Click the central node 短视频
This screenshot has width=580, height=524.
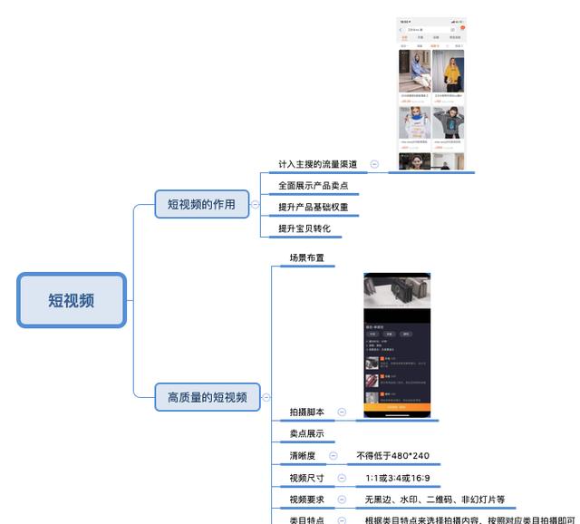click(72, 300)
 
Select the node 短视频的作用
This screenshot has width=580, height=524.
click(200, 204)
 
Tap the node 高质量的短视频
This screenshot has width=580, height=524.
click(207, 396)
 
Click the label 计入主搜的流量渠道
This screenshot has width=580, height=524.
click(317, 164)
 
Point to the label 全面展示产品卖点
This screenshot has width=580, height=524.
click(313, 186)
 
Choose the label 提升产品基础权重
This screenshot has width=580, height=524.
click(313, 208)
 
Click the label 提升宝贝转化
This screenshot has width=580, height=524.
click(304, 228)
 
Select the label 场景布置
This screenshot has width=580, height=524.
click(306, 258)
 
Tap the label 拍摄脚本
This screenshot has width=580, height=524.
click(306, 412)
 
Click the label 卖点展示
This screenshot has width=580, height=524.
click(306, 433)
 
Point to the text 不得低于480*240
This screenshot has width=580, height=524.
click(392, 456)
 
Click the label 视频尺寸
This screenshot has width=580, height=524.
click(306, 478)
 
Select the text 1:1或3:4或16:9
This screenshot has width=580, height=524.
click(398, 478)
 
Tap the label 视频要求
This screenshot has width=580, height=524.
click(306, 500)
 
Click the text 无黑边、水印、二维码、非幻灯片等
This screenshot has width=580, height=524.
click(435, 500)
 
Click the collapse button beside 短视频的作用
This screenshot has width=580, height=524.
click(255, 205)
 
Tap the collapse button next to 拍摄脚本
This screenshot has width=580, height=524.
click(342, 412)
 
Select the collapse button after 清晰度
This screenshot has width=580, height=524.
click(333, 456)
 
